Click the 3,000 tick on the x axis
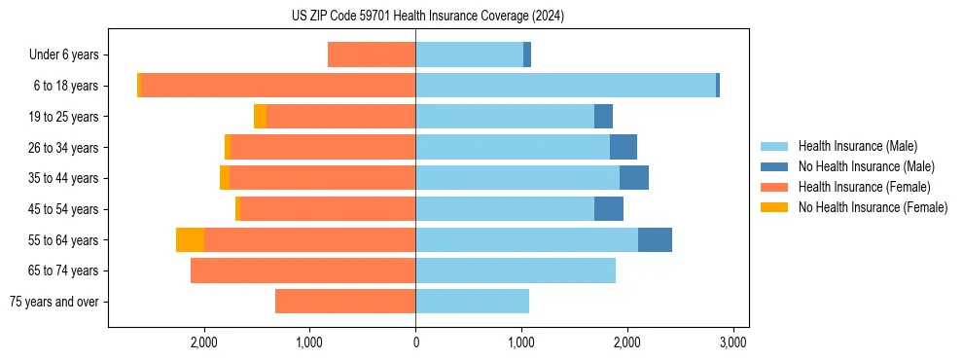732,342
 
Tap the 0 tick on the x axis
415,342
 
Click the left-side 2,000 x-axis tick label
204,342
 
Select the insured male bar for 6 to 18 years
565,86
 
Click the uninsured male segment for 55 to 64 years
655,239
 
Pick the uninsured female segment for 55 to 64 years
190,239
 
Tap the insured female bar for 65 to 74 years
303,270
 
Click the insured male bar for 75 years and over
472,302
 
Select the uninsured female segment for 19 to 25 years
260,117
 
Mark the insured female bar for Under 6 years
372,55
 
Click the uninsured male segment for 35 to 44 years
634,178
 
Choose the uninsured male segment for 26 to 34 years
624,147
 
